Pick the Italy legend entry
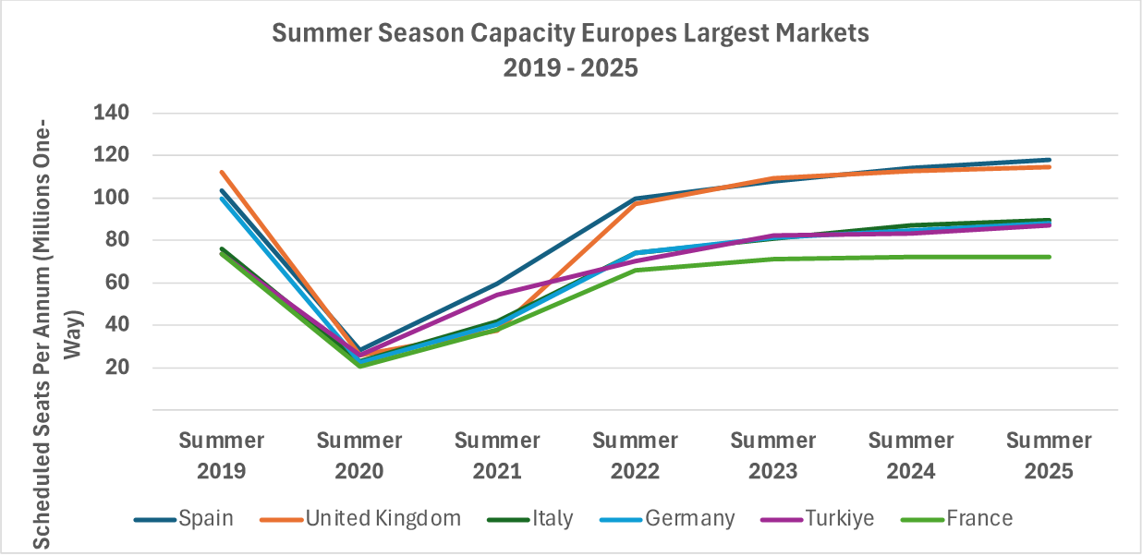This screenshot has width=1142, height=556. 552,518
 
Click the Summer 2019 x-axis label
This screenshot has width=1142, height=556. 222,455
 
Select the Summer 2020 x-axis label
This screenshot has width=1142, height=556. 359,455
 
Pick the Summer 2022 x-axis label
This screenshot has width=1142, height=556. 635,455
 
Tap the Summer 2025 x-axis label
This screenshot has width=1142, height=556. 1049,455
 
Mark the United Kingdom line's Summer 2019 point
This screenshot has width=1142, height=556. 222,172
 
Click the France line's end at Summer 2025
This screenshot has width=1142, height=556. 1049,257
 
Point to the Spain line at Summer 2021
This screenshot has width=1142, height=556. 497,284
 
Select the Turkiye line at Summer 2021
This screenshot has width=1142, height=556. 497,296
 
